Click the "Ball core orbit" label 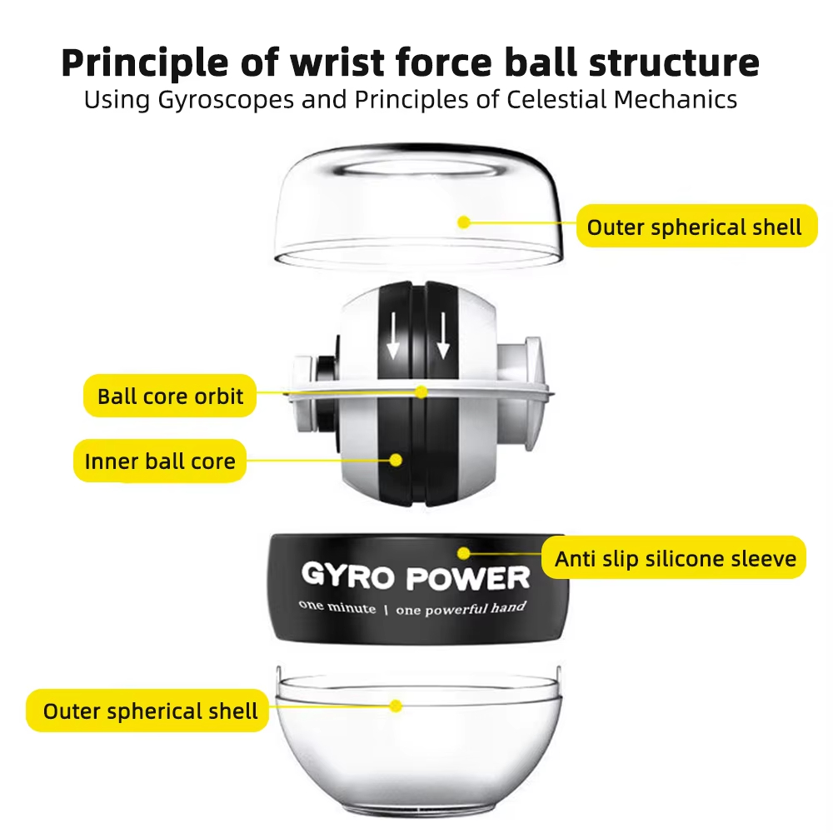click(x=170, y=396)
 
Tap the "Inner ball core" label click(x=160, y=461)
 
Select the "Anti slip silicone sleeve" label click(x=676, y=558)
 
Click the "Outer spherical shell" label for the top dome click(x=694, y=227)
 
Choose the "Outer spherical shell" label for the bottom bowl click(x=150, y=711)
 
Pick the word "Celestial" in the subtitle click(x=553, y=100)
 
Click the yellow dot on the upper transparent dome click(x=465, y=222)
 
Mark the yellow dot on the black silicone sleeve click(x=464, y=552)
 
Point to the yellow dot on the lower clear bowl click(x=397, y=706)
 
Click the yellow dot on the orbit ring click(x=421, y=391)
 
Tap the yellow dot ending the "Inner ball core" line click(x=397, y=459)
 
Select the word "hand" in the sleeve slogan click(x=508, y=607)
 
